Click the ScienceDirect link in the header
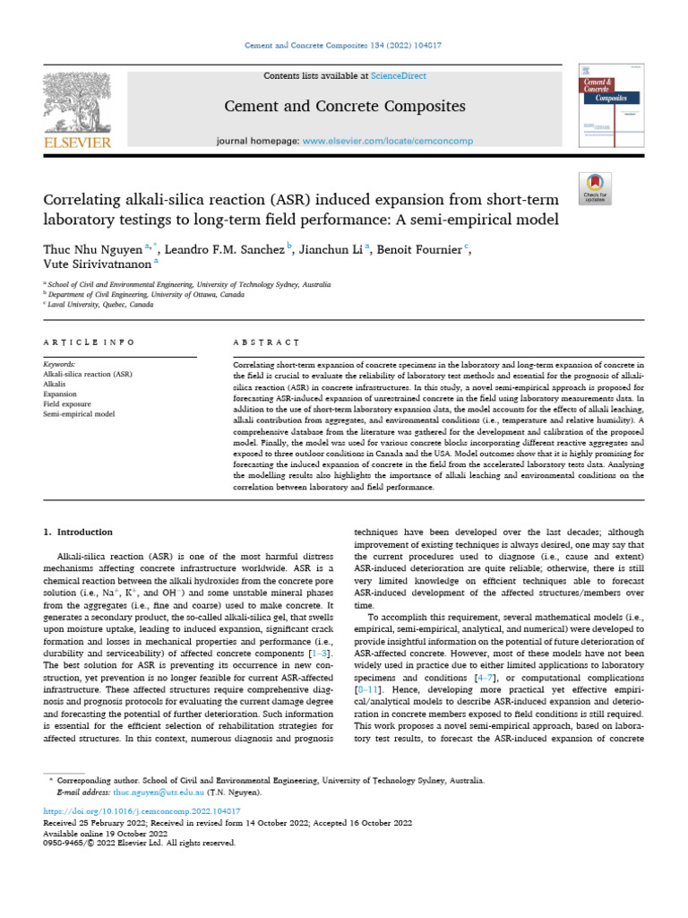400,77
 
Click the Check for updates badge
595,186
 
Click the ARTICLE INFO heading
90,342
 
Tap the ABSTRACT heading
266,342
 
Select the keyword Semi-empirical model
80,414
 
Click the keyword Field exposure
70,404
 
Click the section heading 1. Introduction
79,532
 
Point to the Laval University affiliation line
90,304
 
